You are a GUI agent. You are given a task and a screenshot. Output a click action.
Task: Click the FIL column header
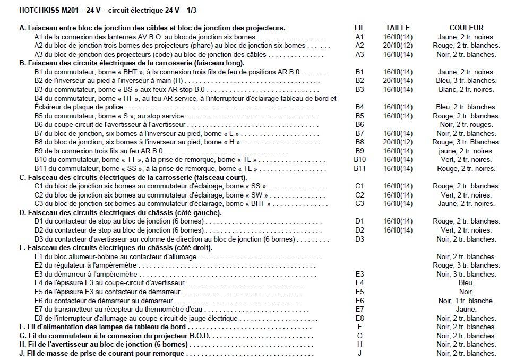[x=359, y=28]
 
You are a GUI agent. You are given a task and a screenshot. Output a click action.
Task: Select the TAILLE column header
[x=398, y=28]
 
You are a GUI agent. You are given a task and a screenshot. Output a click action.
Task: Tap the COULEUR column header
[x=466, y=28]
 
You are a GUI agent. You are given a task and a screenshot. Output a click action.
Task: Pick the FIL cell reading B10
[x=359, y=160]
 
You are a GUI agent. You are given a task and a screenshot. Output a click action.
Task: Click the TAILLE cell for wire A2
[x=398, y=46]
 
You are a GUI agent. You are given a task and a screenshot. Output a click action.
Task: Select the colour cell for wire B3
[x=466, y=89]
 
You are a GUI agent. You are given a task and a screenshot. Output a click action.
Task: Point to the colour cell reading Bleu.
[x=466, y=283]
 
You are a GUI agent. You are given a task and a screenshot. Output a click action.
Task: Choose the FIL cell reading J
[x=359, y=354]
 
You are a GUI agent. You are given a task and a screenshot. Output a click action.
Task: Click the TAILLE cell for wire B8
[x=398, y=142]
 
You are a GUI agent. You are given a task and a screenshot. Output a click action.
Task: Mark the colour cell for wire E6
[x=466, y=301]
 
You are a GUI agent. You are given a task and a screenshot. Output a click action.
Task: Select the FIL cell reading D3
[x=359, y=239]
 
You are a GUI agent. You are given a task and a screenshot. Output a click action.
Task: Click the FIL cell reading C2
[x=359, y=195]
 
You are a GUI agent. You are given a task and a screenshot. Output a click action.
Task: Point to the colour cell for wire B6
[x=466, y=125]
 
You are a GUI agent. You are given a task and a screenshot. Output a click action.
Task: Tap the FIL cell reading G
[x=359, y=336]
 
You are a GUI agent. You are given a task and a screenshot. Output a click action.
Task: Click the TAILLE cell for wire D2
[x=398, y=230]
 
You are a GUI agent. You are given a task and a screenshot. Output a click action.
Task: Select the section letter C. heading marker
[x=22, y=177]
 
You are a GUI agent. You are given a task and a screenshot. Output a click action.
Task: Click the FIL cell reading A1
[x=359, y=37]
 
